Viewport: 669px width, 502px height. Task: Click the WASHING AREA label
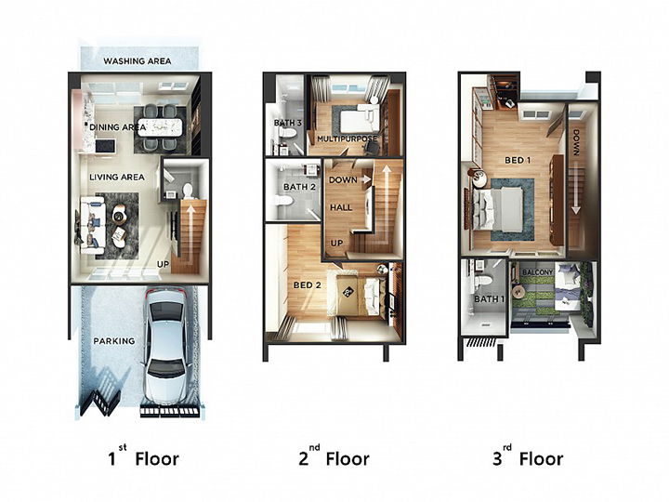pos(137,61)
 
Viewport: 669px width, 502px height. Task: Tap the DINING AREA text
pos(118,127)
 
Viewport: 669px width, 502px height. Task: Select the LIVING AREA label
pos(117,178)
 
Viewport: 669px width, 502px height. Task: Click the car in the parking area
pos(166,346)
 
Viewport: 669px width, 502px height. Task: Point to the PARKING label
pos(114,341)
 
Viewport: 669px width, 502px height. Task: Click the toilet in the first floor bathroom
pos(188,191)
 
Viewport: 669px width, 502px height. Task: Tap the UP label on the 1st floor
pos(163,265)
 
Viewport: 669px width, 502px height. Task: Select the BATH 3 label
pos(288,123)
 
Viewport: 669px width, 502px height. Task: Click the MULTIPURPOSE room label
pos(348,139)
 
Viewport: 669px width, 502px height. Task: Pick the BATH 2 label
pos(299,187)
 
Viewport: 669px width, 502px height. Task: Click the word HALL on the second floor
pos(341,208)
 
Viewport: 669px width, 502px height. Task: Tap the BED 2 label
pos(308,285)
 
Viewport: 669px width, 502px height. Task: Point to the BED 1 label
pos(518,161)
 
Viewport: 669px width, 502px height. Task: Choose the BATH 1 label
pos(489,299)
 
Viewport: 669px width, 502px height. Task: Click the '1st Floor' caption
pos(143,456)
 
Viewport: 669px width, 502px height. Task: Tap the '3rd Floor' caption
pos(528,456)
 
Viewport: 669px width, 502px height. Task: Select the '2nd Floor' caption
pos(334,456)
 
